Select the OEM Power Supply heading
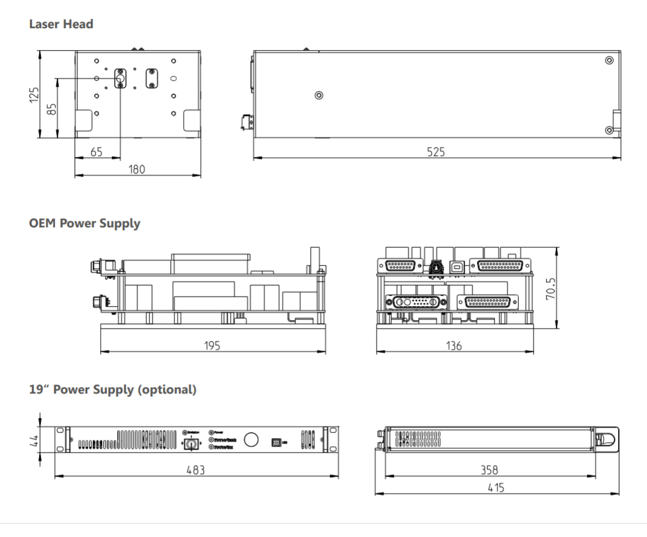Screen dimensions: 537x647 [x=84, y=224]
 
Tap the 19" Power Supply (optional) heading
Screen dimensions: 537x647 [x=112, y=389]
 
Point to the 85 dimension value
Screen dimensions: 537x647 [x=52, y=108]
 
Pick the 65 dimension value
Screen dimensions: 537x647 [x=96, y=152]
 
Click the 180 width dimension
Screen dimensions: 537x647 [x=137, y=169]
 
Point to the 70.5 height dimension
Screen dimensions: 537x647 [x=550, y=287]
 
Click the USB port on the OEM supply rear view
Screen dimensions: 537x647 [x=457, y=265]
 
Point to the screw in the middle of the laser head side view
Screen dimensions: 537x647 [x=319, y=95]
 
